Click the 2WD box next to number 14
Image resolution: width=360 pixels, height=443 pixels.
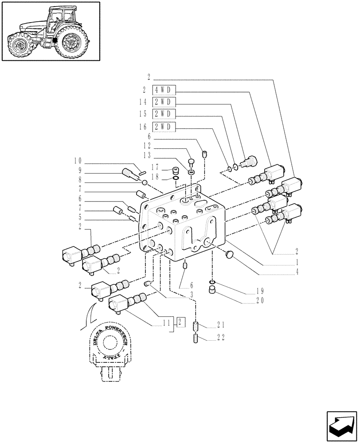tap(164, 102)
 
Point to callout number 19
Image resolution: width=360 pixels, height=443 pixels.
tap(259, 291)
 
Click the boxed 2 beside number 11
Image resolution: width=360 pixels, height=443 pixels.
tap(181, 322)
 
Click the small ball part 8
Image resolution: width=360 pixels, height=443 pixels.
tap(145, 183)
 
